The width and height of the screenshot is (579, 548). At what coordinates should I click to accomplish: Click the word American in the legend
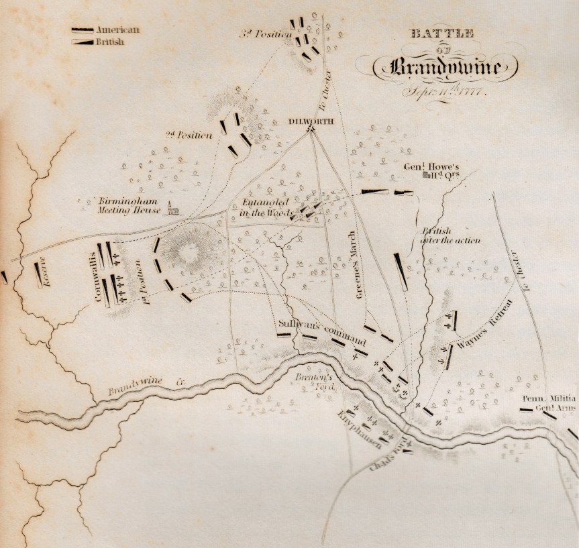point(117,30)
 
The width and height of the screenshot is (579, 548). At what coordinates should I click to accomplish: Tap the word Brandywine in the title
point(445,68)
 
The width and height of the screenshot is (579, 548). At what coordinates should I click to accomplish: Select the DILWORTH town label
point(309,121)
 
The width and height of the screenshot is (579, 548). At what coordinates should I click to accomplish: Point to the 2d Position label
point(189,134)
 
